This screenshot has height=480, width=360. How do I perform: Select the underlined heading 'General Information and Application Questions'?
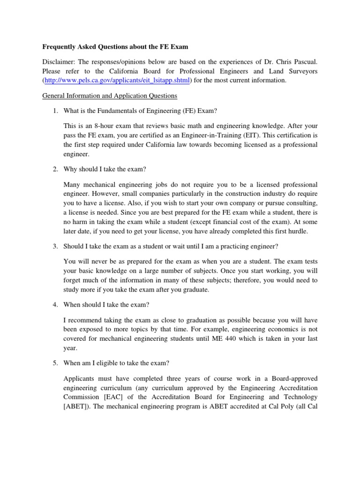[110, 96]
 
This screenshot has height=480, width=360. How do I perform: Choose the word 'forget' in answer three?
[74, 280]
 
